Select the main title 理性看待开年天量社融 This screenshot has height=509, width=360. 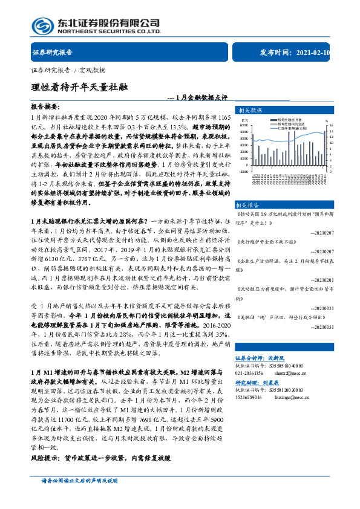[x=79, y=86]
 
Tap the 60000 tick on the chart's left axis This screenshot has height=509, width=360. [x=244, y=126]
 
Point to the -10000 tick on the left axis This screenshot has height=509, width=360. [x=243, y=171]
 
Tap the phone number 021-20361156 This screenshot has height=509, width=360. [x=249, y=373]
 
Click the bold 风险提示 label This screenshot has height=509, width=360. [x=44, y=458]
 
